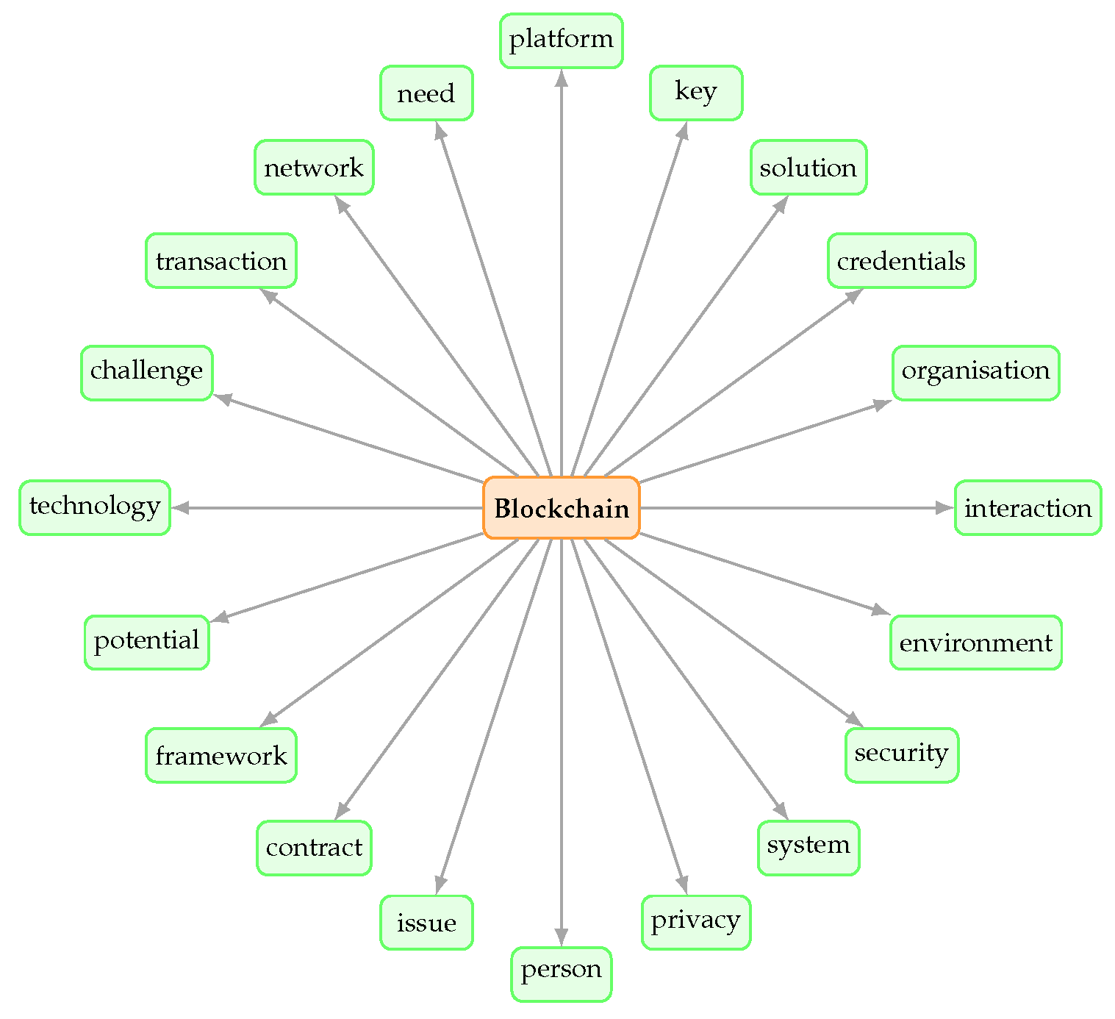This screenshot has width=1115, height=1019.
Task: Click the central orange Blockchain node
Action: [561, 508]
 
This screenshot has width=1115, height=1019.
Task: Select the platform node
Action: [561, 40]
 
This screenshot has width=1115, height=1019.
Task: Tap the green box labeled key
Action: [695, 93]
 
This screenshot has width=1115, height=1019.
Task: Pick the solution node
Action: [808, 168]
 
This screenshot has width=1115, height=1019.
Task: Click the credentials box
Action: [901, 261]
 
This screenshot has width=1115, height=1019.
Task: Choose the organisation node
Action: [975, 373]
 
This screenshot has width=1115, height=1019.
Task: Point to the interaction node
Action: [1028, 508]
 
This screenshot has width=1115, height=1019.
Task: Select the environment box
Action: [975, 643]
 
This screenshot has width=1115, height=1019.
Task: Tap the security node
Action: [901, 755]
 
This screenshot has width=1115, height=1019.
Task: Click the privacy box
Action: [695, 922]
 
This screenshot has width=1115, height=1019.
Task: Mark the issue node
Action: [426, 922]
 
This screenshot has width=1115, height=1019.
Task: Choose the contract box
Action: [314, 848]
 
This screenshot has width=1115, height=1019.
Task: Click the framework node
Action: [221, 755]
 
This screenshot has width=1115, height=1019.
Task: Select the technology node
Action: [95, 508]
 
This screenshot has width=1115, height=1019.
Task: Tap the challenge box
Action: [147, 373]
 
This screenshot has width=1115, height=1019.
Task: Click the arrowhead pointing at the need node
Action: [440, 130]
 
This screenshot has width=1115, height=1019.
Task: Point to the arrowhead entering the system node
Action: [782, 812]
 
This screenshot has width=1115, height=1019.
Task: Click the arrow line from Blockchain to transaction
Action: [390, 383]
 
